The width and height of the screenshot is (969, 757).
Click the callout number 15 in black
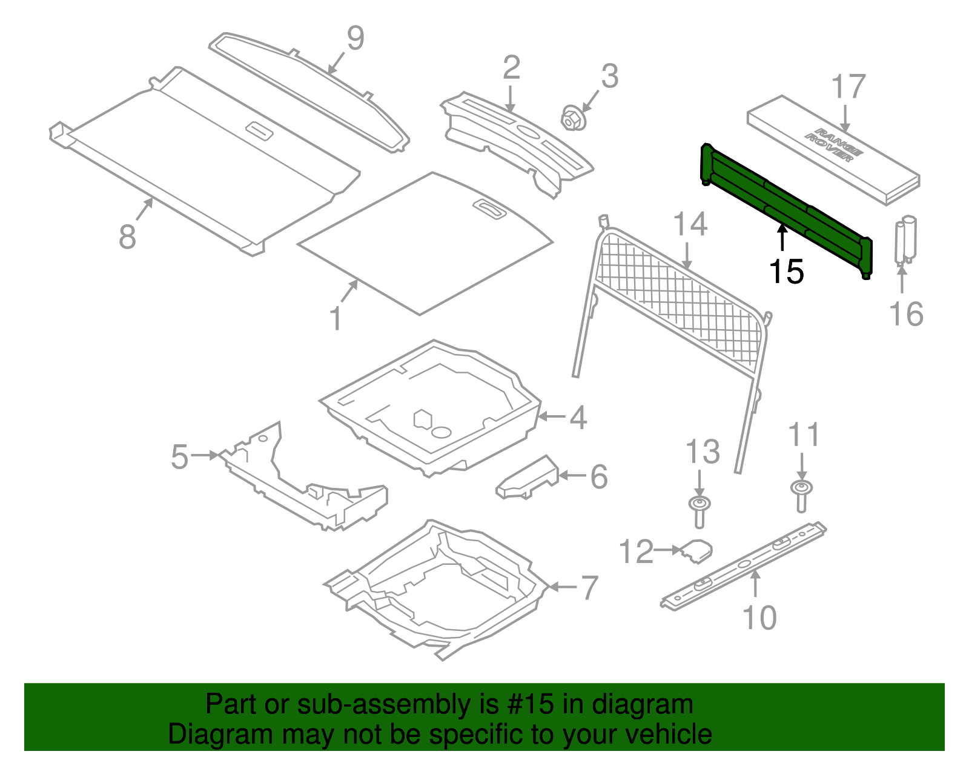[786, 272]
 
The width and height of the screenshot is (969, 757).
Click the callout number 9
[356, 38]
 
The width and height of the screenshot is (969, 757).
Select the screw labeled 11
[801, 495]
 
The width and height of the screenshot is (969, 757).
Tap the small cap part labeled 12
[696, 550]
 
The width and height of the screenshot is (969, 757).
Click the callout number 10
[759, 618]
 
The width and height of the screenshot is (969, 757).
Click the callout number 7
[589, 587]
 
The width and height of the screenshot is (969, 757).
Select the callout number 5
[179, 456]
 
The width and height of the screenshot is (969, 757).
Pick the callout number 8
[127, 236]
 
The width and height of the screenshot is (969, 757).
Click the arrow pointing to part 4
[551, 416]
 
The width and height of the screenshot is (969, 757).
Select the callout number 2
[511, 68]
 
